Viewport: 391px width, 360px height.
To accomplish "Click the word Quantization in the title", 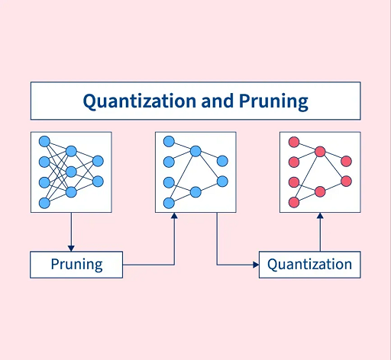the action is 140,101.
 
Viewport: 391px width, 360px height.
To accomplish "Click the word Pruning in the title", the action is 273,101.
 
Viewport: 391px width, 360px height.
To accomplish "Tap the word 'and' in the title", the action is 218,101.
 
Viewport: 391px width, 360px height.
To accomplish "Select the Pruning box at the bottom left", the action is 76,265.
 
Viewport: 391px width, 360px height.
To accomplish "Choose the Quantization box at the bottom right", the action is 310,265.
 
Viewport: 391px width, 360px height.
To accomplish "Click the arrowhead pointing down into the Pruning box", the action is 71,249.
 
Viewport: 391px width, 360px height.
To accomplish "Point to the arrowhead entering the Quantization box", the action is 256,265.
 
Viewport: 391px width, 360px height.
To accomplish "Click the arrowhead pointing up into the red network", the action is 320,216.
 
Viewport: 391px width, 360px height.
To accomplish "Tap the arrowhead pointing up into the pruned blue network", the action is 174,216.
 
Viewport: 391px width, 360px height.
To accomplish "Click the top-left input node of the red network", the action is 294,142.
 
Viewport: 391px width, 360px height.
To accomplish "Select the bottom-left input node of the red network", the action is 294,202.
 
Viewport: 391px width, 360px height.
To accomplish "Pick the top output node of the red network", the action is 346,161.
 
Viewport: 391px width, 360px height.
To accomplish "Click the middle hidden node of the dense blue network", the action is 71,172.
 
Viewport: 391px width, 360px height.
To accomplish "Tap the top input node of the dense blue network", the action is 44,142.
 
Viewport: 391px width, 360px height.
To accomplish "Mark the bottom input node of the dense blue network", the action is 44,203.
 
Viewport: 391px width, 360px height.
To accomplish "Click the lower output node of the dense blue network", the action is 98,182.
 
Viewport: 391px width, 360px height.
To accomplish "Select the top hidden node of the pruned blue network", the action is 195,151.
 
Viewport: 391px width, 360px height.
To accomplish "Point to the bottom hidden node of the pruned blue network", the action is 195,192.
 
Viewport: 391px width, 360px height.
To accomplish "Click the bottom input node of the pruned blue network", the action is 169,203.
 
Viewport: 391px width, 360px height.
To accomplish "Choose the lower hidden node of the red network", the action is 320,191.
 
